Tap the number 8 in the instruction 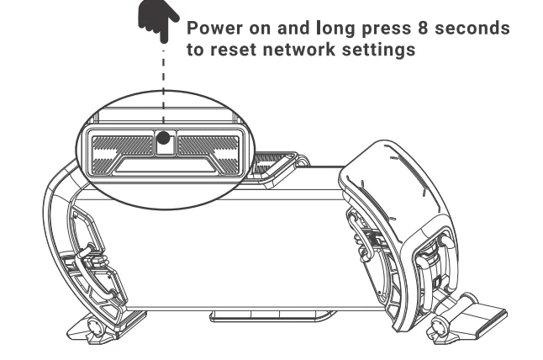[417, 27]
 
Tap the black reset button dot [163, 137]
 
